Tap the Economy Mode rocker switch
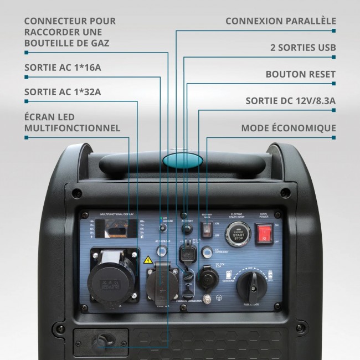click(x=207, y=232)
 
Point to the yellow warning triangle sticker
click(x=148, y=259)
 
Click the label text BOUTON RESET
click(x=300, y=74)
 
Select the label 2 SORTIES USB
click(x=302, y=48)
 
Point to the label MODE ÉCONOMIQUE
click(x=288, y=128)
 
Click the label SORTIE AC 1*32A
click(x=63, y=91)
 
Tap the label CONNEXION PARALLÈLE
click(x=280, y=21)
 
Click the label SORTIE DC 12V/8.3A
click(x=291, y=101)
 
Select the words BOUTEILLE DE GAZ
click(x=66, y=43)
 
